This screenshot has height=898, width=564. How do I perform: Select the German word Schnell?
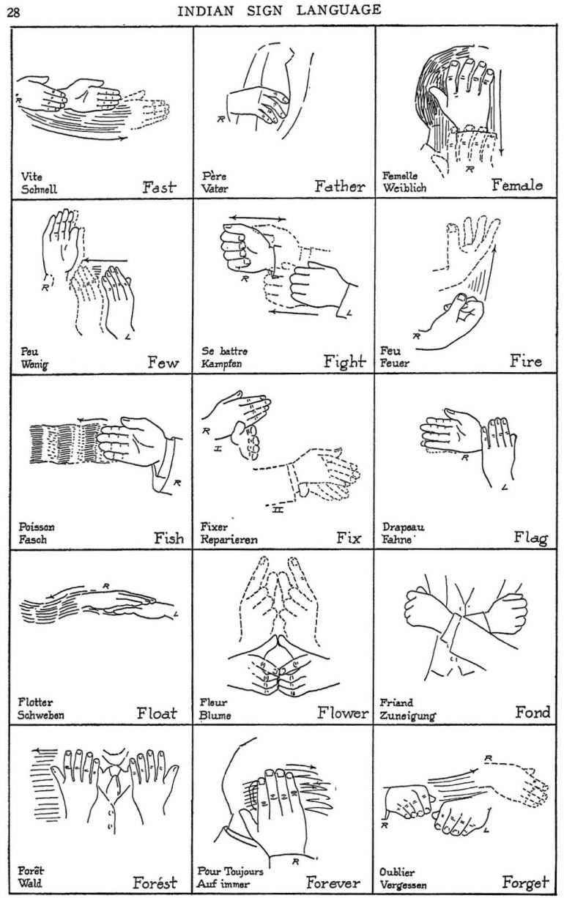[x=40, y=188]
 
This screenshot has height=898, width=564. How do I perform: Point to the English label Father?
[x=339, y=186]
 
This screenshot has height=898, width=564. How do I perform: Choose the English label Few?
[x=163, y=362]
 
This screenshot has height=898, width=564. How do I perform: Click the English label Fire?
[x=525, y=361]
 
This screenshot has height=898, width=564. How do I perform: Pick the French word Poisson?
[x=37, y=527]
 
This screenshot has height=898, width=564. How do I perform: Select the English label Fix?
[x=349, y=538]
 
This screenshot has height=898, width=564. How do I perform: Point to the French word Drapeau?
[x=404, y=527]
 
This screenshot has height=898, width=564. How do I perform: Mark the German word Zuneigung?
[x=408, y=715]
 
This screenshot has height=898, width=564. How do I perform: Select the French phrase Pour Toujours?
[x=231, y=872]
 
